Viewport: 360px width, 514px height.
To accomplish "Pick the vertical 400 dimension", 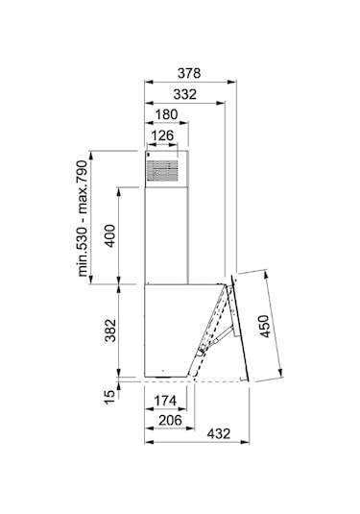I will [x=109, y=235].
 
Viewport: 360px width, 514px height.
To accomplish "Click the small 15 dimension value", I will [x=109, y=391].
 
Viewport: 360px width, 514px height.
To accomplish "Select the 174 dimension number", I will [x=166, y=401].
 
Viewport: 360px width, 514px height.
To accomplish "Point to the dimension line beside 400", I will [x=119, y=235].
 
